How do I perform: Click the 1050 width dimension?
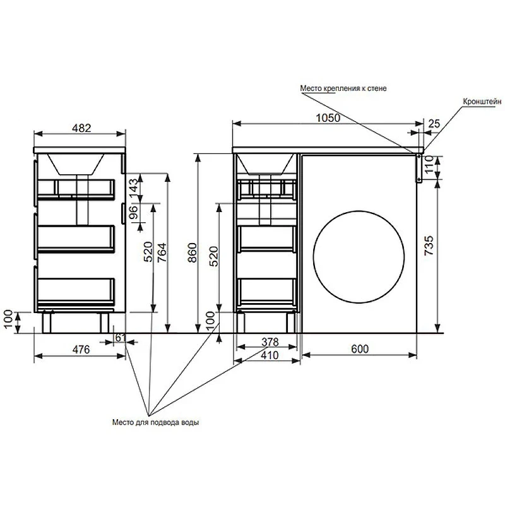328,118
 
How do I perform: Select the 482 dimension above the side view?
81,128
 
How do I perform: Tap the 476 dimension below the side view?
81,350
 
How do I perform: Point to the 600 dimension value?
360,349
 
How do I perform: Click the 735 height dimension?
429,246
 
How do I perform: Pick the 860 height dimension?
193,252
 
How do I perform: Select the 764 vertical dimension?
162,252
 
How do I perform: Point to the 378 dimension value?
270,342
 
